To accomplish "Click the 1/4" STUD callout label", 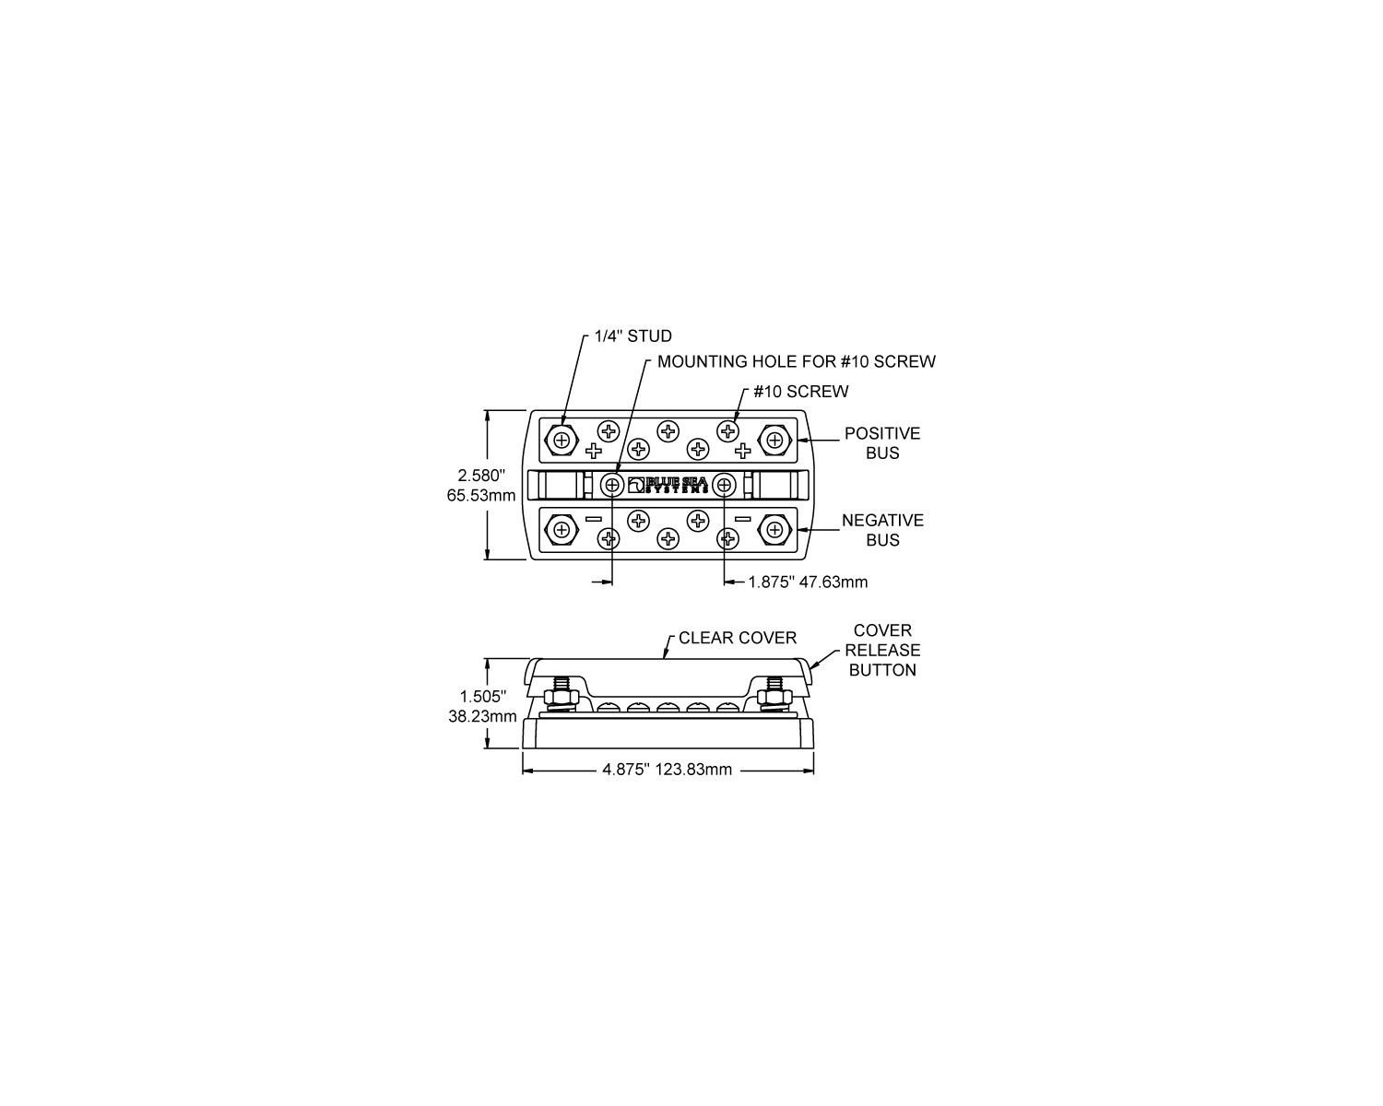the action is tap(633, 336).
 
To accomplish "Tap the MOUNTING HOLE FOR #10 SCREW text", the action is tap(797, 362).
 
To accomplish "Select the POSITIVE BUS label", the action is tap(881, 442).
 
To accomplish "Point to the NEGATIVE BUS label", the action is tap(882, 530).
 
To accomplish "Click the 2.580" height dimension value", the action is tap(481, 476).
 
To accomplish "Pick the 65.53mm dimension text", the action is tap(481, 496).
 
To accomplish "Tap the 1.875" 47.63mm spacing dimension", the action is tap(808, 582).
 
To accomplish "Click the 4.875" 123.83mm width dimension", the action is tap(668, 770).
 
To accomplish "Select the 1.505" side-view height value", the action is tap(482, 696).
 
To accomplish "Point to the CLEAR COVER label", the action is tap(737, 638).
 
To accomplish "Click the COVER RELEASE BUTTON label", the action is tap(882, 650).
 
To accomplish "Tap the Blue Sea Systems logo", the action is tap(668, 485).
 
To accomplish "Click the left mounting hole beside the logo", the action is tap(612, 486).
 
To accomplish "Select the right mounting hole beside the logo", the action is tap(725, 486).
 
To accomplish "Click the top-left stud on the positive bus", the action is tap(561, 441).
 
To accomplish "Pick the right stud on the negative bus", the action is tap(775, 530).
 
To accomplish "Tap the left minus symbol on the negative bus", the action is tap(593, 519).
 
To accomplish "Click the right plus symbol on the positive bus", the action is tap(743, 451).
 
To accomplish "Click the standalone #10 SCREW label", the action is tap(800, 392).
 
